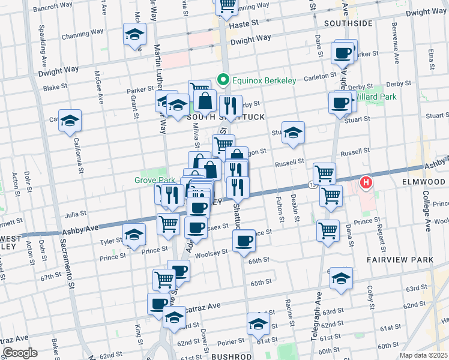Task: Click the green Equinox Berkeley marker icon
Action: pyautogui.click(x=222, y=80)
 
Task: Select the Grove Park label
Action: pyautogui.click(x=146, y=179)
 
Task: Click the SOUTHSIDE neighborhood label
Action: pyautogui.click(x=348, y=23)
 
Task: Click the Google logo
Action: pyautogui.click(x=20, y=353)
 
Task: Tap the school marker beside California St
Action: pyautogui.click(x=70, y=120)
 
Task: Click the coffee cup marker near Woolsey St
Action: pyautogui.click(x=244, y=241)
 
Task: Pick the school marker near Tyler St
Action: pyautogui.click(x=134, y=234)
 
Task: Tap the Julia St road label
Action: pyautogui.click(x=76, y=212)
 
